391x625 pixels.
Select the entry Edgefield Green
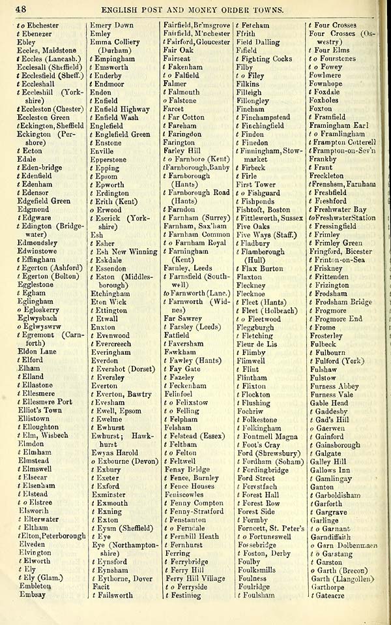[44, 201]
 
